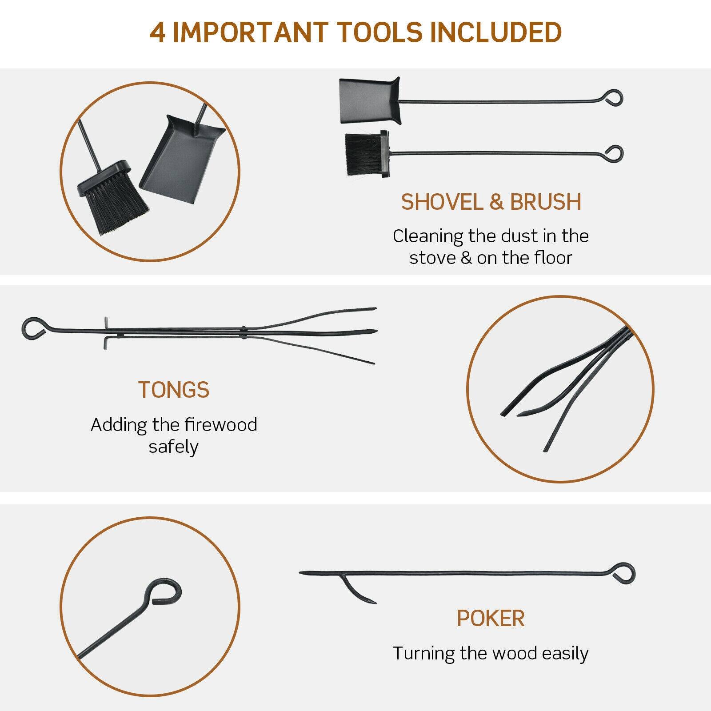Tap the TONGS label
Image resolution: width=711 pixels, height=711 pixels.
tap(174, 390)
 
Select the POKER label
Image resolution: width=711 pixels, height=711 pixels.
tap(491, 618)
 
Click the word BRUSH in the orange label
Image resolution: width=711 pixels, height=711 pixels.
tap(545, 202)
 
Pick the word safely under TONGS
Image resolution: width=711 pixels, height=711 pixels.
tap(173, 447)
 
